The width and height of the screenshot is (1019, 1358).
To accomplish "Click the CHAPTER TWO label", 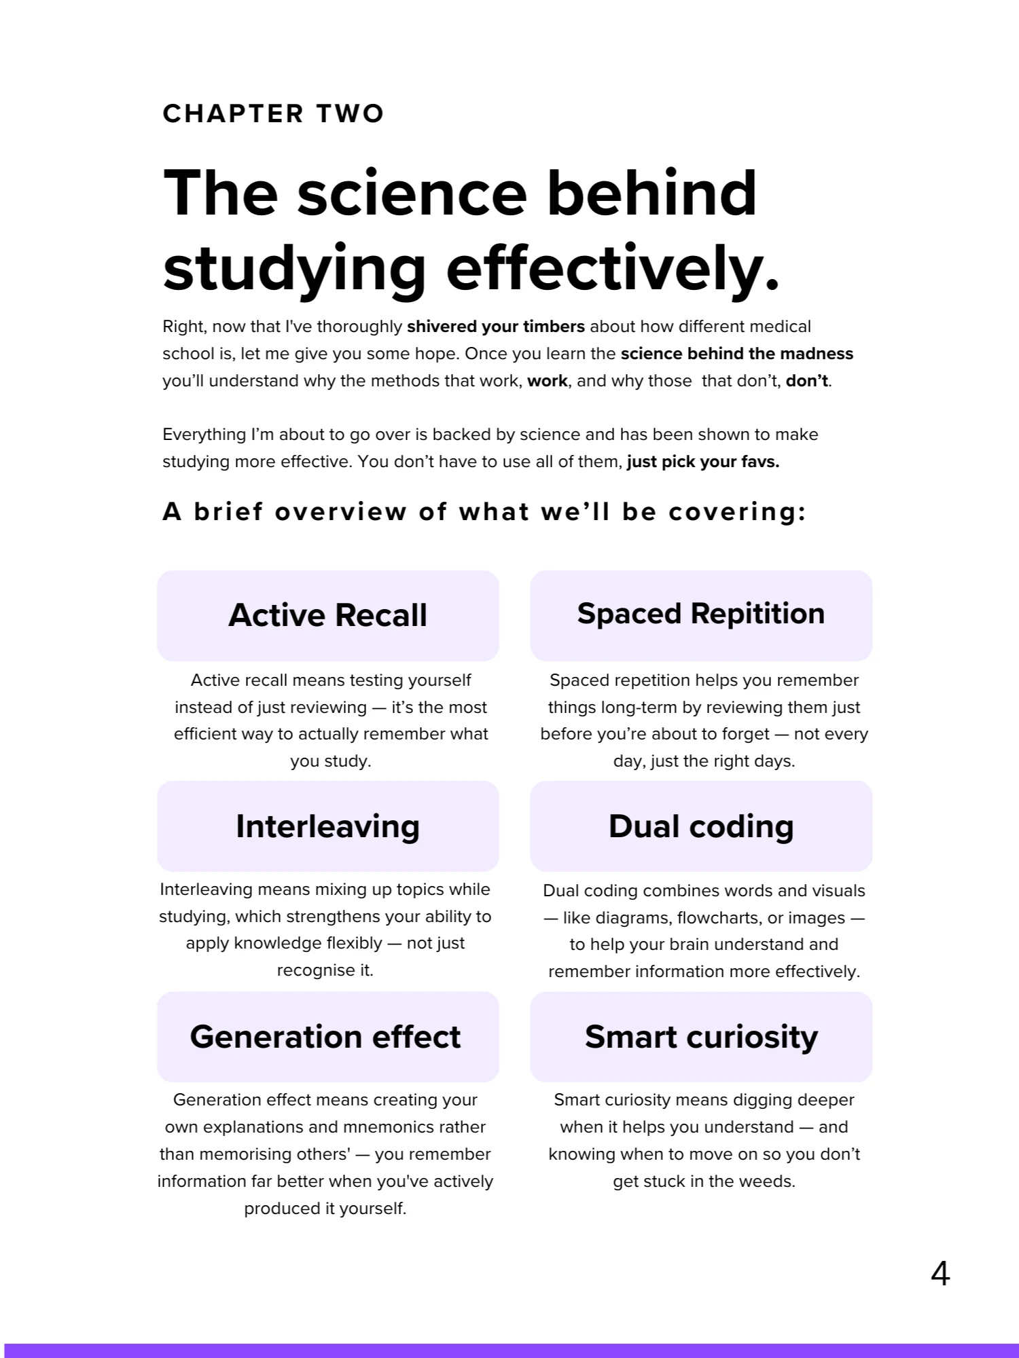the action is point(273,113).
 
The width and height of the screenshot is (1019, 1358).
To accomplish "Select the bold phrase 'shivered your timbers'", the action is point(496,327).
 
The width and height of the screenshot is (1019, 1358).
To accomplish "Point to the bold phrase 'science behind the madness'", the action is point(737,354).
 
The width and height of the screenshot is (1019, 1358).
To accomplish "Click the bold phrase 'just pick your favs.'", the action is point(703,462).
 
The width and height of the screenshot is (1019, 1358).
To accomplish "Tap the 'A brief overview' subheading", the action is point(484,511).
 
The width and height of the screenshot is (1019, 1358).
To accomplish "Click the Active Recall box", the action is point(328,615).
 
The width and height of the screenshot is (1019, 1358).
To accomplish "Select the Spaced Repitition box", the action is point(701,615).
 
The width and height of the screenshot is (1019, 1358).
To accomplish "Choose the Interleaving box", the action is point(328,826).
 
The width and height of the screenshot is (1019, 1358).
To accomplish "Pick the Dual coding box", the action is point(701,826).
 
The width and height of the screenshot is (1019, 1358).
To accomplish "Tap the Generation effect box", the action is point(328,1037).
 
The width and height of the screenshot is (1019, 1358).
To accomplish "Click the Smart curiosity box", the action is point(701,1037).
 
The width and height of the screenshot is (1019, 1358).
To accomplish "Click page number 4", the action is point(940,1274).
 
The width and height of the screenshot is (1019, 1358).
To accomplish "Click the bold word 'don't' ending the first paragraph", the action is point(807,381).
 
